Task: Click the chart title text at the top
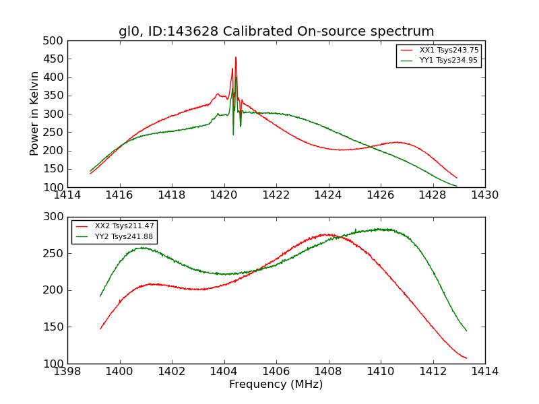276,32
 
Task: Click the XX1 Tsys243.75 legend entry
449,50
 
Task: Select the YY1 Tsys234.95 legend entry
449,61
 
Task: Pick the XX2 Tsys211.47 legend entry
124,226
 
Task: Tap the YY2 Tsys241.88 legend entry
124,236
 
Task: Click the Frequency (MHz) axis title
276,384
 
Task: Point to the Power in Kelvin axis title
35,114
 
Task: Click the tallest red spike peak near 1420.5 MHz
236,57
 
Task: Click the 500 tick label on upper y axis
57,41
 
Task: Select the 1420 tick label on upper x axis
224,195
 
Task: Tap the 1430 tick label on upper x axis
485,195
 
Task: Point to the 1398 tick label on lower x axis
67,372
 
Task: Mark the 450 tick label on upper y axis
57,59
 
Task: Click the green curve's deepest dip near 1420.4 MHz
234,135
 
